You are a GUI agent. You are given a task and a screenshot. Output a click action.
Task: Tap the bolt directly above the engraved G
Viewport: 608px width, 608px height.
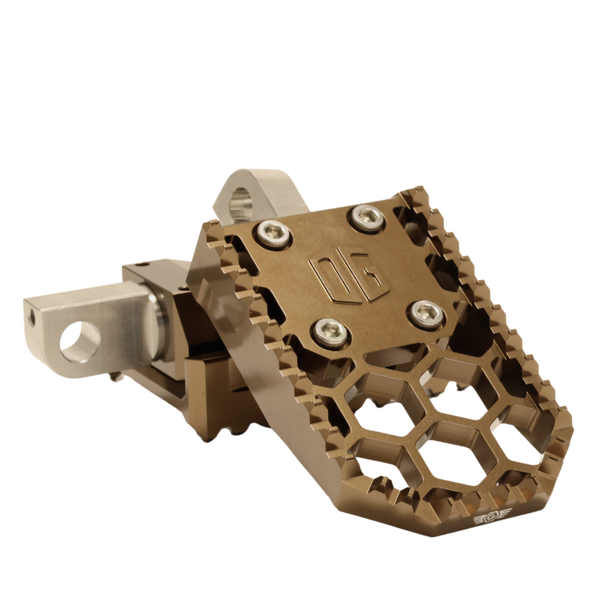(x=366, y=218)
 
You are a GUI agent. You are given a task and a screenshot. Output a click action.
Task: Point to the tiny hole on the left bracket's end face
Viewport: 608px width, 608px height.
(x=32, y=318)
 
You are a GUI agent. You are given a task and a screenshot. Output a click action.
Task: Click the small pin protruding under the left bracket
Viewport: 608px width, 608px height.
(x=116, y=376)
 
